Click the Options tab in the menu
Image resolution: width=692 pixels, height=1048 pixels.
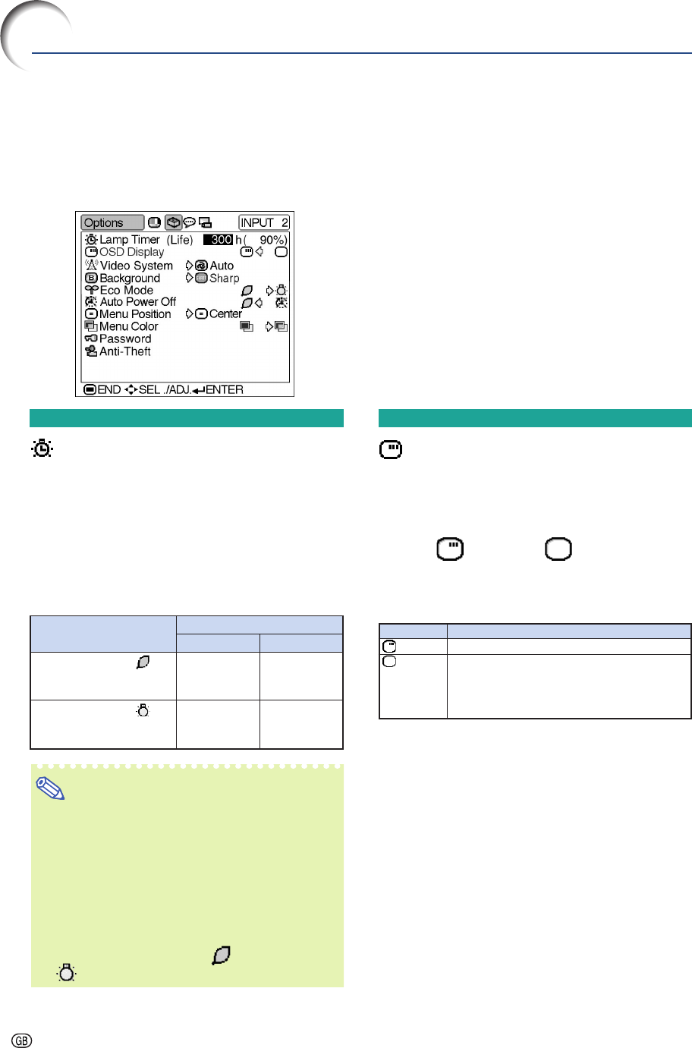coord(112,222)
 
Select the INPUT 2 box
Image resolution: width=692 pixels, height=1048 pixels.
coord(264,222)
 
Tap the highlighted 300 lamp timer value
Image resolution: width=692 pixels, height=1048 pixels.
coord(218,240)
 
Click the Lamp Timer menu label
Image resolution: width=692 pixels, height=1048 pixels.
coord(130,240)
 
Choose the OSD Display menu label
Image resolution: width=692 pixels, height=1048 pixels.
coord(131,252)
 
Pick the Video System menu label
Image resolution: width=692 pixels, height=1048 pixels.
coord(136,266)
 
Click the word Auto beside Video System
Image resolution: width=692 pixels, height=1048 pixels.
coord(222,266)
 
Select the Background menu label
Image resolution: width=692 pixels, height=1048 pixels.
coord(130,279)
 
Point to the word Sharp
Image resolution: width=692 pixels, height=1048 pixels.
coord(225,279)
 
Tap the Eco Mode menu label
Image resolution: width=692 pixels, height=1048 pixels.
coord(126,290)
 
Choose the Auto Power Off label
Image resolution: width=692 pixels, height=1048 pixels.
coord(138,302)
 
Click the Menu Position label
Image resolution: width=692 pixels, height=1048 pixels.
coord(135,314)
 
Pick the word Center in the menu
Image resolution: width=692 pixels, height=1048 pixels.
coord(225,314)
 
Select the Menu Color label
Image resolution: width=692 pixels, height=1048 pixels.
coord(129,326)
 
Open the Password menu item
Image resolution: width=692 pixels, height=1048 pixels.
coord(125,338)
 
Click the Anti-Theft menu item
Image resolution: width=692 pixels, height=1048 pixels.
coord(125,351)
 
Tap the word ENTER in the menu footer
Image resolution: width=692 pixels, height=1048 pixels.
coord(225,390)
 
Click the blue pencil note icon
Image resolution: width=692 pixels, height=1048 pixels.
coord(50,788)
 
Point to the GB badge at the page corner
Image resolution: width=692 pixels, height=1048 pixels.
coord(21,1040)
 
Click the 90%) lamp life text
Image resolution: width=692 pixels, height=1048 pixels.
coord(273,240)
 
